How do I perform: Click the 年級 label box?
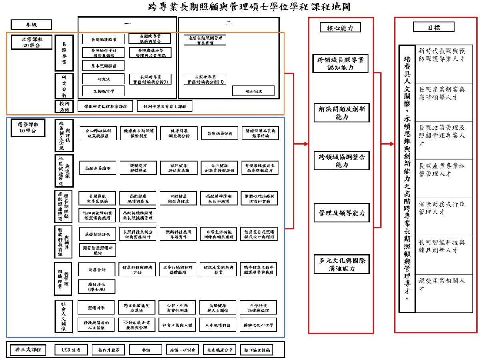pos(32,24)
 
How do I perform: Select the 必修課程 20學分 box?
pos(32,42)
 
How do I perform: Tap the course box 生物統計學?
pos(104,91)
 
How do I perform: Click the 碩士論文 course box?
pos(253,91)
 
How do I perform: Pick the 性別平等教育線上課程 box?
pos(164,106)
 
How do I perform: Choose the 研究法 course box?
pos(104,79)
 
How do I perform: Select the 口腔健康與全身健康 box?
pos(178,198)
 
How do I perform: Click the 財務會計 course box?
pos(97,270)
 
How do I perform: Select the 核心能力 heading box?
pos(341,27)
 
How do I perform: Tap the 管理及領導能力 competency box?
pos(341,213)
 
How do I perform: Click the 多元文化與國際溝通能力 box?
pos(341,264)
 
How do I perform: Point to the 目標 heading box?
pos(434,27)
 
